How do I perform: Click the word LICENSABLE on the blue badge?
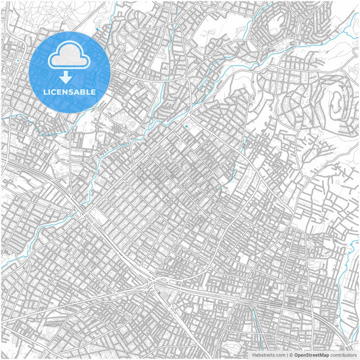70,92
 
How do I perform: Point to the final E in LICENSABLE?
94,92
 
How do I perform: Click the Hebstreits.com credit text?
268,355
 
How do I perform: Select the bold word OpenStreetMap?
311,355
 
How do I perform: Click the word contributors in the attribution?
343,355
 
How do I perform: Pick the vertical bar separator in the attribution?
286,355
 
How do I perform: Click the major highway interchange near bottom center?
160,279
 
